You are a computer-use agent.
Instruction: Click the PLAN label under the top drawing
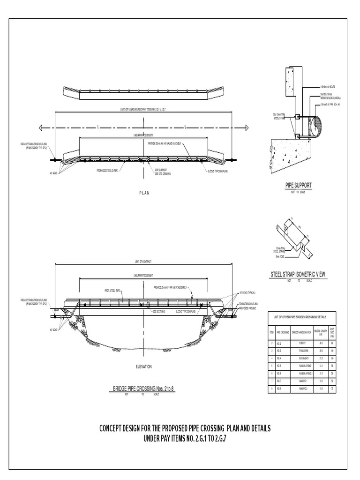pyautogui.click(x=144, y=193)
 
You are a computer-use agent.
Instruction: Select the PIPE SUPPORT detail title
pyautogui.click(x=298, y=186)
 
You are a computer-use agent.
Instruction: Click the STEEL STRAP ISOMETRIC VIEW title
pyautogui.click(x=298, y=275)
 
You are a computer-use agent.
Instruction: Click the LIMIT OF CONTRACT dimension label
pyautogui.click(x=144, y=262)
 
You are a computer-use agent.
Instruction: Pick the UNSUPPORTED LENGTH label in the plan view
pyautogui.click(x=144, y=135)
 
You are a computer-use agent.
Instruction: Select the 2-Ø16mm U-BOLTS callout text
pyautogui.click(x=328, y=87)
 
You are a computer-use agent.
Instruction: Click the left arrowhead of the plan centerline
pyautogui.click(x=41, y=127)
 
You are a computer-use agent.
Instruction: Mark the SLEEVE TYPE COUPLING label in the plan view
pyautogui.click(x=217, y=172)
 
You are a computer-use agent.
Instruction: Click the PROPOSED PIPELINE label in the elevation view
pyautogui.click(x=248, y=309)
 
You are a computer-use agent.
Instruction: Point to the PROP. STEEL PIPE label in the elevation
pyautogui.click(x=112, y=291)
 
